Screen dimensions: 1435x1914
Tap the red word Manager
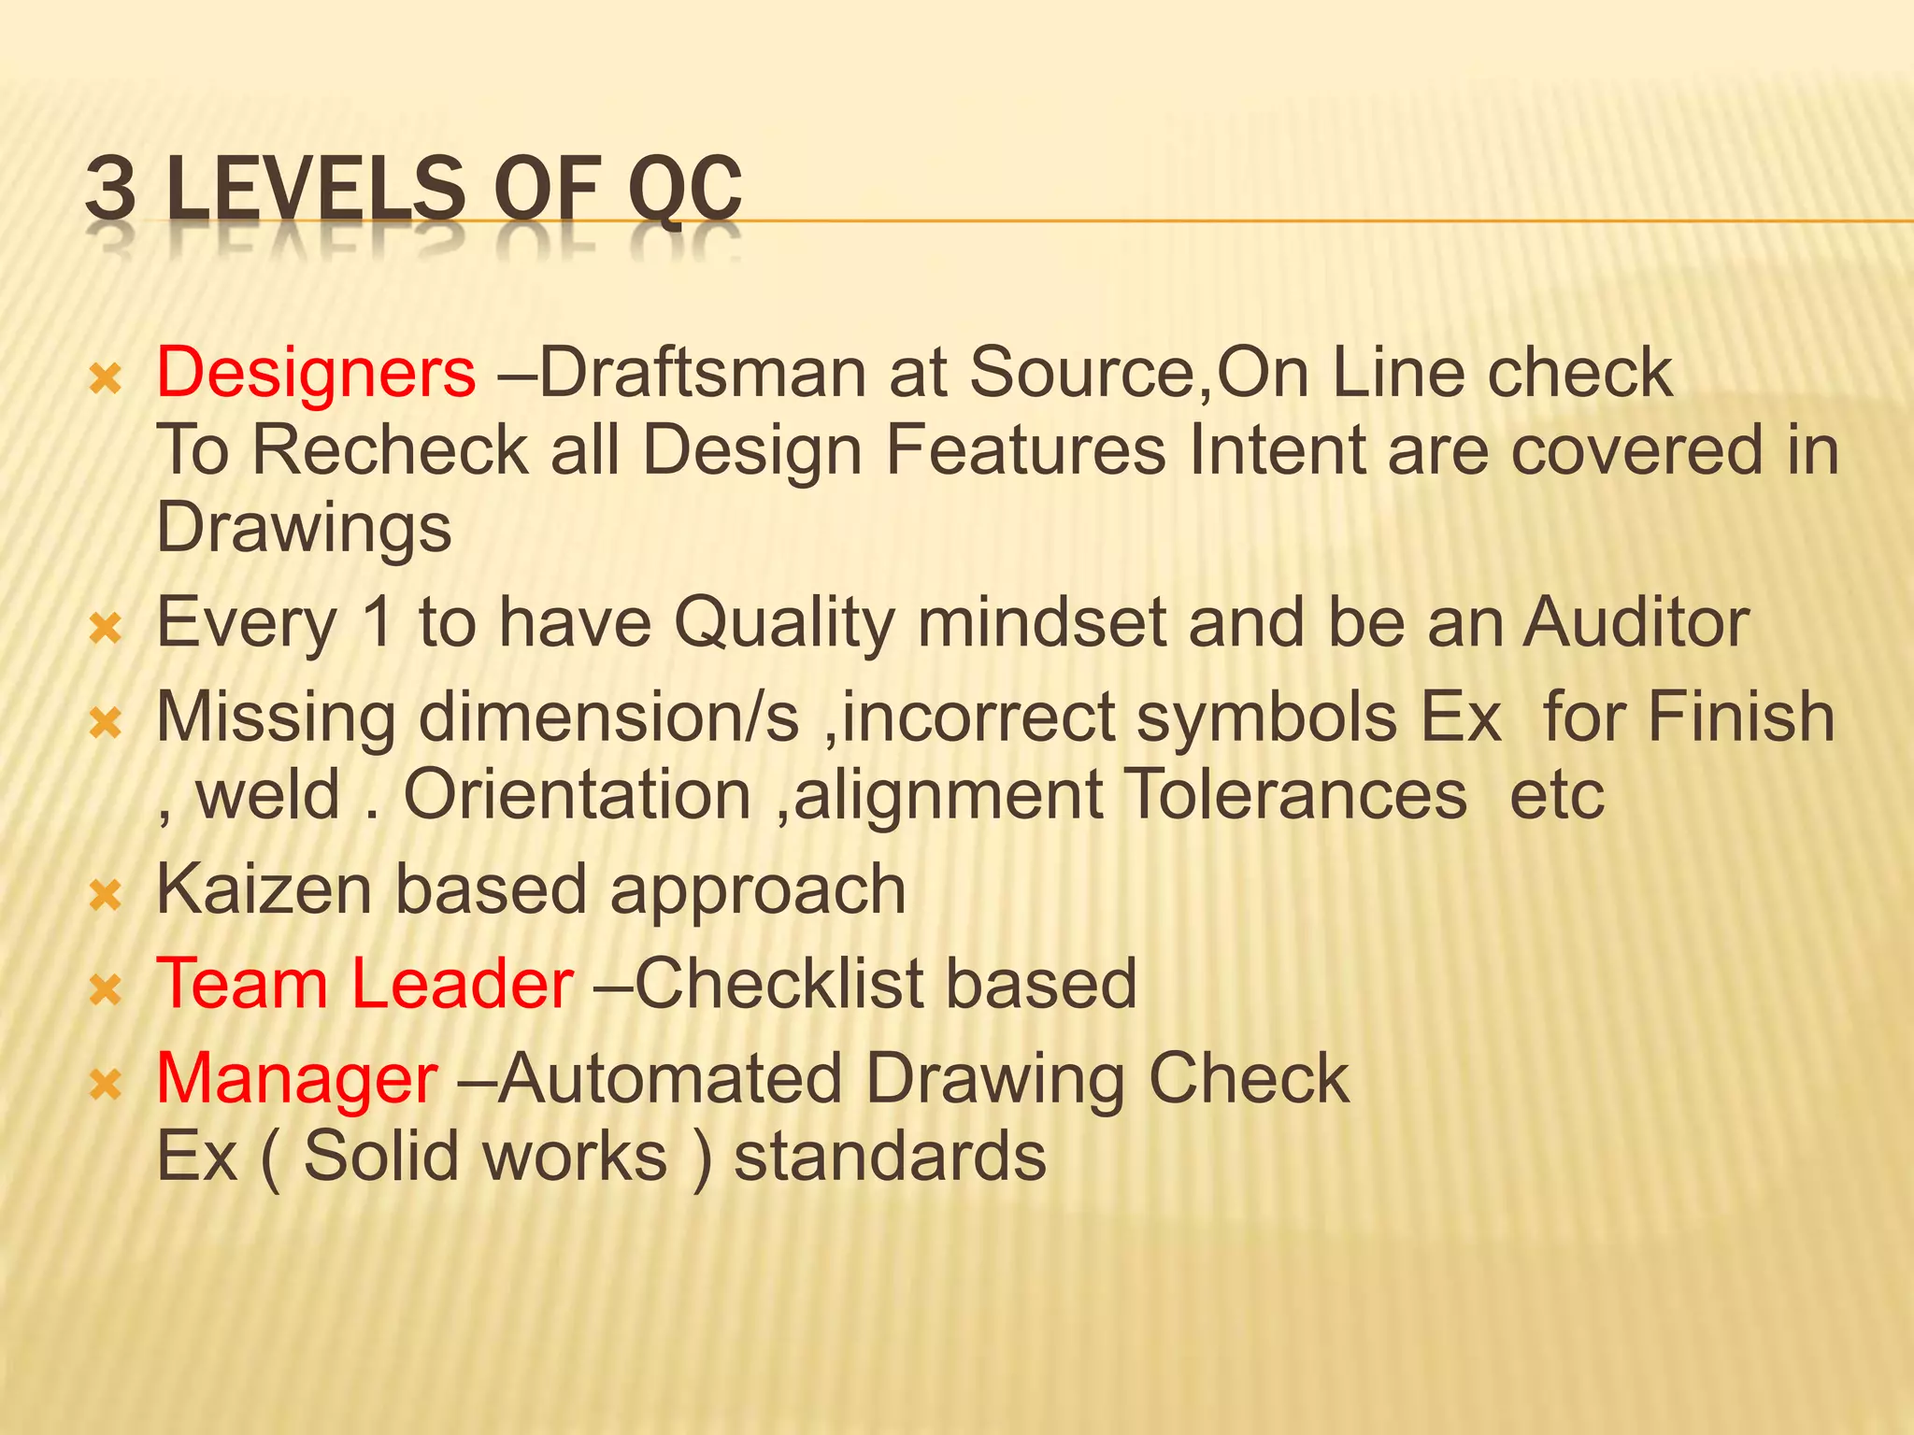tap(296, 1079)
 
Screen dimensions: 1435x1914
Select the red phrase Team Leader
tap(364, 984)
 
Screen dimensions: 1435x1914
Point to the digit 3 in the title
tap(110, 190)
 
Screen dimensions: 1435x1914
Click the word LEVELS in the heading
tap(314, 190)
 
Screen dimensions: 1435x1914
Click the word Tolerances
tap(1294, 795)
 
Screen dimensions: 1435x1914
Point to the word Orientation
tap(577, 795)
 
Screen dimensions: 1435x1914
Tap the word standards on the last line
tap(890, 1157)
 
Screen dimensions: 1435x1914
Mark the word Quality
tap(785, 624)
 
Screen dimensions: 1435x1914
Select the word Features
tap(1025, 451)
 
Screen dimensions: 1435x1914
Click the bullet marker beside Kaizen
tap(106, 896)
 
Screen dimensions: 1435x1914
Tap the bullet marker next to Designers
tap(106, 379)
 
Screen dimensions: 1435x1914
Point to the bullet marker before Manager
tap(106, 1085)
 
